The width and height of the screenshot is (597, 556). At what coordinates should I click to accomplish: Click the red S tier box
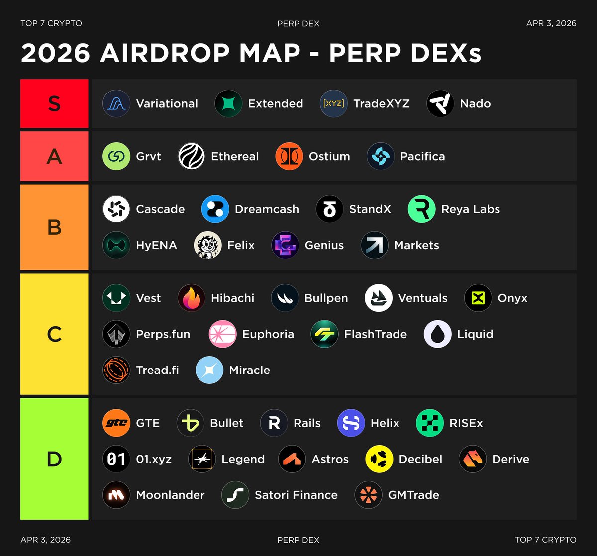point(54,103)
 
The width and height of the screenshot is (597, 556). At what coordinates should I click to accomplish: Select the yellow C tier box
point(54,334)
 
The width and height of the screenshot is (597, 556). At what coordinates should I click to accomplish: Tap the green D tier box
point(54,459)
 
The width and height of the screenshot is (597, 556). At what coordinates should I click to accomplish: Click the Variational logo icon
point(116,103)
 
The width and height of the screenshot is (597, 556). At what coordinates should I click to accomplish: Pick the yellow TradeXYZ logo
point(333,103)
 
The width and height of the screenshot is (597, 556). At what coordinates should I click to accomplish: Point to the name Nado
point(475,104)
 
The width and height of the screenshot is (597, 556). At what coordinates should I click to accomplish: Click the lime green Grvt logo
point(116,156)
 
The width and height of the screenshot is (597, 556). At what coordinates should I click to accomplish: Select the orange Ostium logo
point(289,156)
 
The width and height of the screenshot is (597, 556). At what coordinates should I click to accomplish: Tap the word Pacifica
point(422,156)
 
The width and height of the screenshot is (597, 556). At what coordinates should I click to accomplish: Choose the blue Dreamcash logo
point(215,209)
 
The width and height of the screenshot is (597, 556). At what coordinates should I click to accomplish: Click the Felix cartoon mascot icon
point(207,245)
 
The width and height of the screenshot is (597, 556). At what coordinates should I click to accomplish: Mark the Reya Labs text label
point(470,209)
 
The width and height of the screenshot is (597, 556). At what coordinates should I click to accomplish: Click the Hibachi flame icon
point(191,298)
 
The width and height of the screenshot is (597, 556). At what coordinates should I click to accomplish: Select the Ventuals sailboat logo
point(378,298)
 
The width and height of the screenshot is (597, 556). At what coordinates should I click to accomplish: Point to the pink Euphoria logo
point(222,334)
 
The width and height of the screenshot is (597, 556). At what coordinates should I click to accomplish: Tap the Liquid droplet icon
point(437,334)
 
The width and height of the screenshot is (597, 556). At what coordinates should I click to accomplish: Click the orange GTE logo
point(116,423)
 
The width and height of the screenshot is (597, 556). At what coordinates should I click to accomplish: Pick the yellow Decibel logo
point(379,459)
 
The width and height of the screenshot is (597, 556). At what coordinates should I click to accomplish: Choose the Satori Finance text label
point(296,495)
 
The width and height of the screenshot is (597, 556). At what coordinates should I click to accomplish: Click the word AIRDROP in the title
point(200,53)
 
